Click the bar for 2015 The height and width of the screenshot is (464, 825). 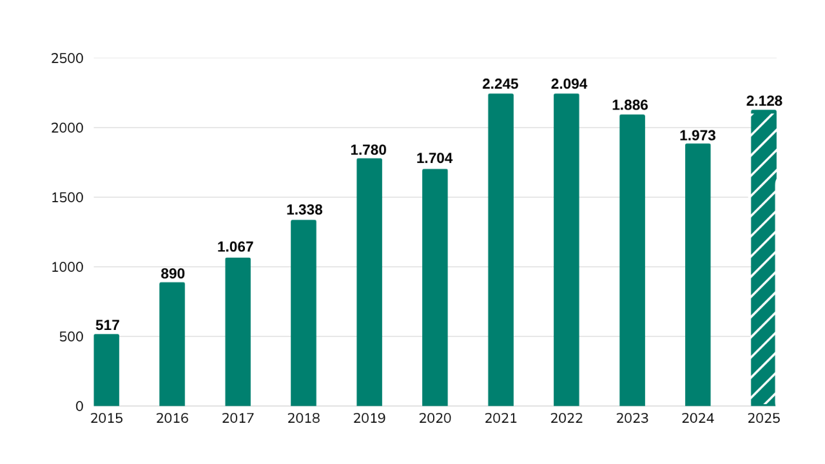(x=106, y=370)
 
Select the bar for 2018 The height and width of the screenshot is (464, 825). (x=304, y=313)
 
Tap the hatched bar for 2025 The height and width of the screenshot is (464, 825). (x=763, y=258)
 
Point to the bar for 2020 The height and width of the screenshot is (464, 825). (x=435, y=287)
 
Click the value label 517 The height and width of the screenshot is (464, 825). (x=108, y=325)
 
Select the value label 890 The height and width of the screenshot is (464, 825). (x=172, y=273)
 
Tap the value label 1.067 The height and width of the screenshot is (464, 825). (x=235, y=247)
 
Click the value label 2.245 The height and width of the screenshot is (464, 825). (x=500, y=84)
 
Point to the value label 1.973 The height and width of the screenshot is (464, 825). (x=697, y=136)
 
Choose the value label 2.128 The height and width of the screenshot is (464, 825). (x=764, y=101)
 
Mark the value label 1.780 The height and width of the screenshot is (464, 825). (x=369, y=150)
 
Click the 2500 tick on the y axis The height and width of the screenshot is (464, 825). (x=67, y=59)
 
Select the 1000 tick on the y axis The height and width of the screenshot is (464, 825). (x=67, y=267)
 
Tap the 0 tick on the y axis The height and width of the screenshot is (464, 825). (x=79, y=406)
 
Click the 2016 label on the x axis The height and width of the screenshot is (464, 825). (x=172, y=418)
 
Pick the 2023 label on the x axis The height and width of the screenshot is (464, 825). (x=632, y=418)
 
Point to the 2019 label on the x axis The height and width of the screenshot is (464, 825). (x=369, y=418)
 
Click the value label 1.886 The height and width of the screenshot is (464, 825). (x=630, y=105)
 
